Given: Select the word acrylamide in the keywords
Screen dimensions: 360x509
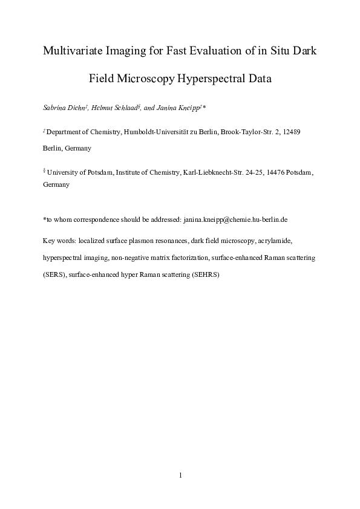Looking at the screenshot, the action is tap(277, 240).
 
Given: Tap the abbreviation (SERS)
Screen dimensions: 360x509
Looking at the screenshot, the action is tap(54, 274).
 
